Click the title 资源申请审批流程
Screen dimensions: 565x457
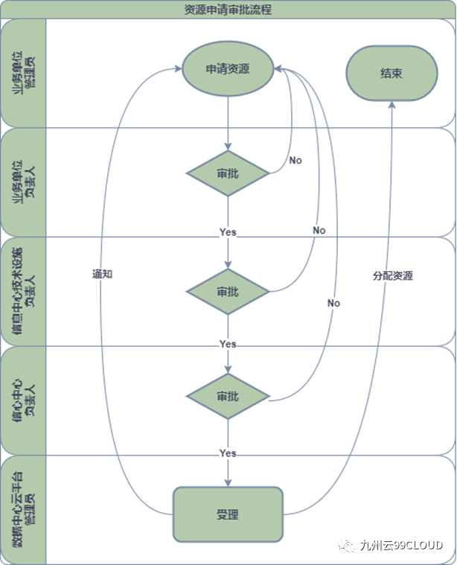coord(228,10)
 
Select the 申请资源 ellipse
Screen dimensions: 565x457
coord(228,69)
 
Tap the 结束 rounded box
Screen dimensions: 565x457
coord(390,74)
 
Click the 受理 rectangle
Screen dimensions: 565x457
coord(228,514)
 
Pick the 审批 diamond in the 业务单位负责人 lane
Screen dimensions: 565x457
coord(228,173)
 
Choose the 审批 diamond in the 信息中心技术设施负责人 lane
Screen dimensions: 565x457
coord(228,291)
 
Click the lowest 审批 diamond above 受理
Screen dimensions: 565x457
coord(228,397)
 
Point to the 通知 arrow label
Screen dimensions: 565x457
coord(102,274)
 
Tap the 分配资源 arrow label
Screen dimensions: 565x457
coord(392,275)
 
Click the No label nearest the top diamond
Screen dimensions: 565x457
coord(295,160)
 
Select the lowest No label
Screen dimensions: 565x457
coord(333,303)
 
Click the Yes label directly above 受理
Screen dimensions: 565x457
coord(228,453)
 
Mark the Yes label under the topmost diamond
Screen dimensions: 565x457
coord(228,232)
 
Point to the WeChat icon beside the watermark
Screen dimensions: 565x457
coord(348,546)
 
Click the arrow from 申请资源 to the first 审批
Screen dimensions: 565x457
coord(228,124)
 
